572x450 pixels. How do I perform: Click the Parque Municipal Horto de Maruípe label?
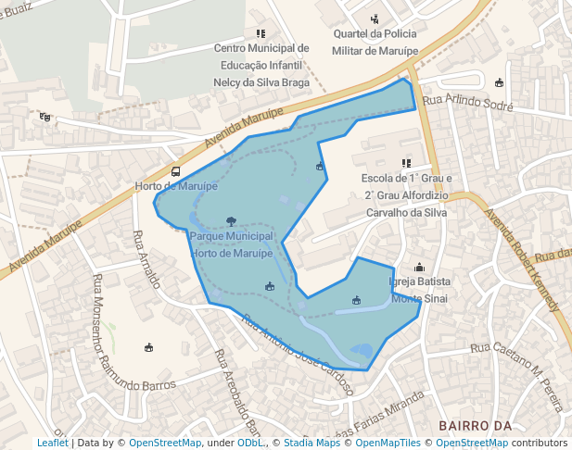click(230, 244)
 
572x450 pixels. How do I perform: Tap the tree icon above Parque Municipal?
click(231, 221)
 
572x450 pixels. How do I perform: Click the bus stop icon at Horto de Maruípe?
click(176, 171)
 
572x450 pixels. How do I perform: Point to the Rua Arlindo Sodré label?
click(467, 103)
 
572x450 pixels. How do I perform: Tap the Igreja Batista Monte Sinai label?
click(420, 289)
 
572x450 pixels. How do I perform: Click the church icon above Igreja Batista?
click(419, 268)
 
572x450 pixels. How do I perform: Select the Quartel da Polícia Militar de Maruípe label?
click(375, 41)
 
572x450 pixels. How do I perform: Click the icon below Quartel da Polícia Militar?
click(375, 19)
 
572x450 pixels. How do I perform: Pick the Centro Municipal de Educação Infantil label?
click(261, 65)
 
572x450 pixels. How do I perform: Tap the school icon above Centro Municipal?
click(261, 33)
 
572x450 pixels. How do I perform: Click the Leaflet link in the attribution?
click(52, 443)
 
